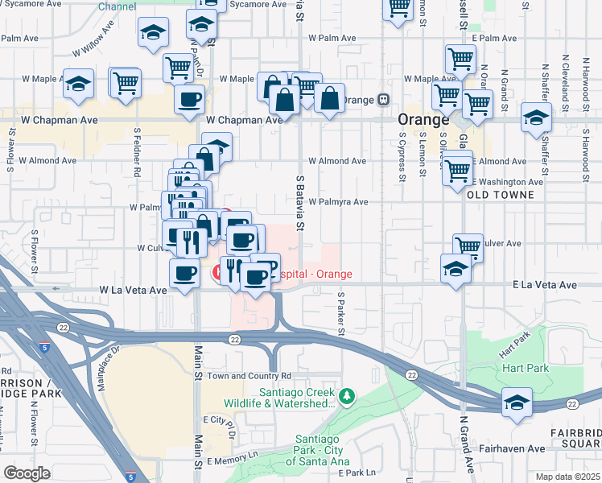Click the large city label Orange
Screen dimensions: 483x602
(x=423, y=120)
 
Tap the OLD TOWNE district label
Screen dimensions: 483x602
(x=501, y=195)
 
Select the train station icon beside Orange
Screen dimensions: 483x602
(x=384, y=100)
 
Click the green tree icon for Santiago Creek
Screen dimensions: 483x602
(x=346, y=396)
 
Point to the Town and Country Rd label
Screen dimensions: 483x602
(x=249, y=376)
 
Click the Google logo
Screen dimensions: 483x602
(x=27, y=473)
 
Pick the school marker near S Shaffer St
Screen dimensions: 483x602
(x=536, y=117)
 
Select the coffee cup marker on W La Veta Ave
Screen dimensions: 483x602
(x=185, y=273)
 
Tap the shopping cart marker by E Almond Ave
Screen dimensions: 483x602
(x=457, y=169)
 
